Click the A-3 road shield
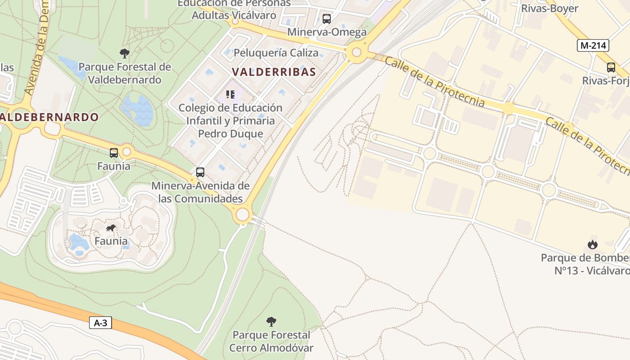coord(100,323)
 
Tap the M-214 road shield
coord(593,45)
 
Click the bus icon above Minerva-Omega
coord(327,19)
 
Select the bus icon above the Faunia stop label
coord(114,153)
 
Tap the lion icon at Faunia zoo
coord(111,228)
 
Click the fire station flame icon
coord(593,244)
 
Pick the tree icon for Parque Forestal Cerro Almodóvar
coord(271,321)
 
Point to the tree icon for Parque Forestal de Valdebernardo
coord(125,54)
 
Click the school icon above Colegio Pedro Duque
coord(230,94)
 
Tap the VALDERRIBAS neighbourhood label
coord(274,72)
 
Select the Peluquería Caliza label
coord(276,53)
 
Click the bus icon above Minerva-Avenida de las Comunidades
coord(200,172)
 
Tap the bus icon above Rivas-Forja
coord(611,67)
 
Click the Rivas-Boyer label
coord(549,8)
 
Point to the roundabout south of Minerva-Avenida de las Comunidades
coord(243,215)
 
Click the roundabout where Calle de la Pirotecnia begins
coord(356,53)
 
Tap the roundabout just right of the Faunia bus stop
coord(126,152)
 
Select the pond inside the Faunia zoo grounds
coord(78,243)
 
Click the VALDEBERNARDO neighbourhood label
coord(49,117)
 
